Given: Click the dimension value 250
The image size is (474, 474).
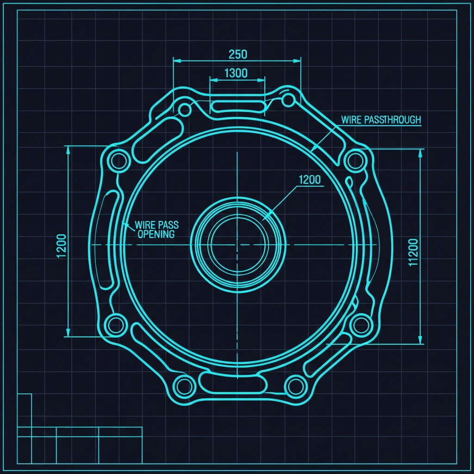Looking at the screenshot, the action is click(x=237, y=55).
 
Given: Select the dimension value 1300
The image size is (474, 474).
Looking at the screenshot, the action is click(x=236, y=73).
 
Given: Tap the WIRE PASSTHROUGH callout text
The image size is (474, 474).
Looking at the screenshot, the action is click(x=381, y=120).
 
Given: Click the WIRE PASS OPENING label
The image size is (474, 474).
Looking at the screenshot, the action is click(x=156, y=230).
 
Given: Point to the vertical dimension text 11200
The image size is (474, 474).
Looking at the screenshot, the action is click(x=413, y=252).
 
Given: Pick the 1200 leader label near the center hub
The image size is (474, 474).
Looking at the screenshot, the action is click(x=310, y=180).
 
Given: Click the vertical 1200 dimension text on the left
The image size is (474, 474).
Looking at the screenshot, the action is click(x=62, y=246).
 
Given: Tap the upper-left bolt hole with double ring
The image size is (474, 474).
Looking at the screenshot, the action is click(x=119, y=161).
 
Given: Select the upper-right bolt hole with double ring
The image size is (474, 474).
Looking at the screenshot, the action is click(x=355, y=161).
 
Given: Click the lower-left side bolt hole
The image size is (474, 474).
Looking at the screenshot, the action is click(x=116, y=325).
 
